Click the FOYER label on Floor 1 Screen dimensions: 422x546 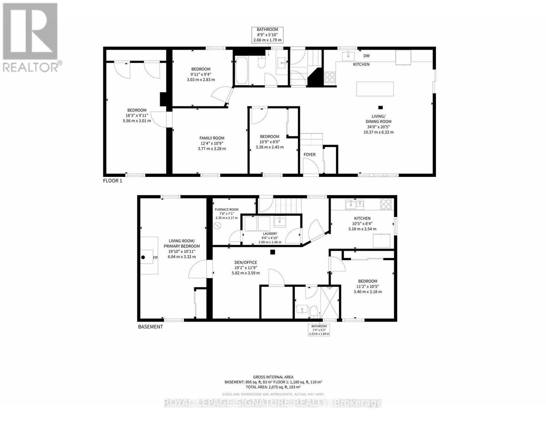[309, 154]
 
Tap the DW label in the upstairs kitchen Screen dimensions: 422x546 [366, 56]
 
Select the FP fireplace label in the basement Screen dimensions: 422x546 [155, 258]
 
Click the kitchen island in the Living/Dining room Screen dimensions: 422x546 [375, 89]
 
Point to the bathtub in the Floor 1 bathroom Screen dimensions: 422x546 [241, 70]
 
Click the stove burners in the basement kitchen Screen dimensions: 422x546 [386, 204]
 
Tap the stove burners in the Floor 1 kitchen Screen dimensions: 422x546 [329, 77]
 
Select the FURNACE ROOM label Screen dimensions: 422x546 [227, 210]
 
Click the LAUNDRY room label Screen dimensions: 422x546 [270, 234]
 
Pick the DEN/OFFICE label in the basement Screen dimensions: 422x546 [246, 262]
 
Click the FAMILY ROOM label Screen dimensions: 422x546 [212, 138]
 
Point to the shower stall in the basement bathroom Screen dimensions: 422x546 [330, 303]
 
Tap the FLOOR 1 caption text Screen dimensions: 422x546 [113, 181]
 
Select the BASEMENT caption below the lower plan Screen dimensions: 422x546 [150, 327]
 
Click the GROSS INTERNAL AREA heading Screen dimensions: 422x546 [273, 377]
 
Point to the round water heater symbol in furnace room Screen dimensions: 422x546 [218, 226]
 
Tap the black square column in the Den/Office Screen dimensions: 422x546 [272, 252]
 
